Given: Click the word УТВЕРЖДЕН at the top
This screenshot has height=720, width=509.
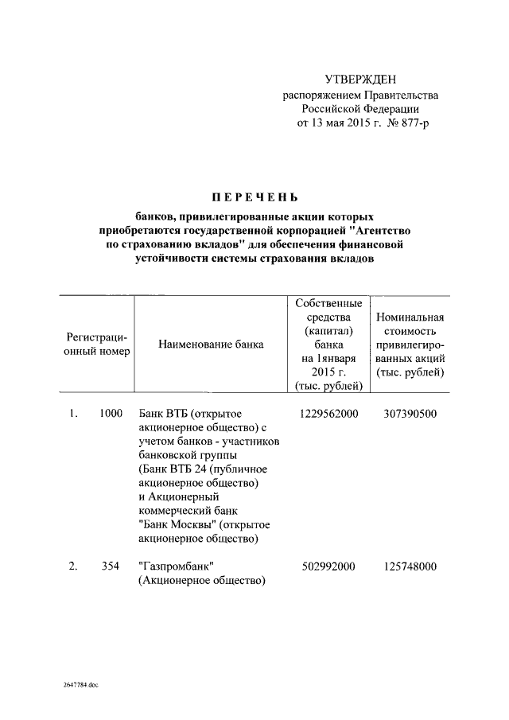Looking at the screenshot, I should pos(359,79).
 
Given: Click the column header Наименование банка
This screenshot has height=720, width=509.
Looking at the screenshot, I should pos(211,344).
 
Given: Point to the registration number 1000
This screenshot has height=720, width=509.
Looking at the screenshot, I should pos(111,414).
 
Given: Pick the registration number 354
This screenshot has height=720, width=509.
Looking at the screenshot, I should pos(110,566).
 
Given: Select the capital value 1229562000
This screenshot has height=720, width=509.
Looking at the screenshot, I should pos(328,414).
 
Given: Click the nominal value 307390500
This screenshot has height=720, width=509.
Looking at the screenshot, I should pos(408,414).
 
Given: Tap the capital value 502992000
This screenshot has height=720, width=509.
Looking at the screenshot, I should pos(328,566).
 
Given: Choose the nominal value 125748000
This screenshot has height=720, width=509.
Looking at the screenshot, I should pos(408,566).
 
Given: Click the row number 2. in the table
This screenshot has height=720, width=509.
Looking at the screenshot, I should pos(72,566).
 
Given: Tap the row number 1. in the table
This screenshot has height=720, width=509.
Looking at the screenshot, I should pos(72,414).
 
